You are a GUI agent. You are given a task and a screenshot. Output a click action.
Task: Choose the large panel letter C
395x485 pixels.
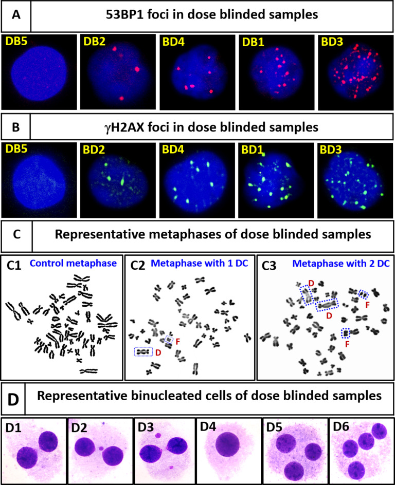pyautogui.click(x=16, y=236)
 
